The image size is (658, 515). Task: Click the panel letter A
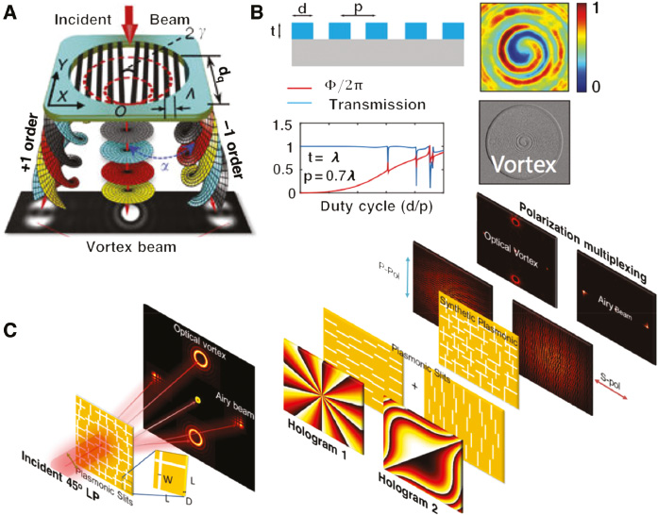[10, 11]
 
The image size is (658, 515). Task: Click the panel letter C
[9, 331]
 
